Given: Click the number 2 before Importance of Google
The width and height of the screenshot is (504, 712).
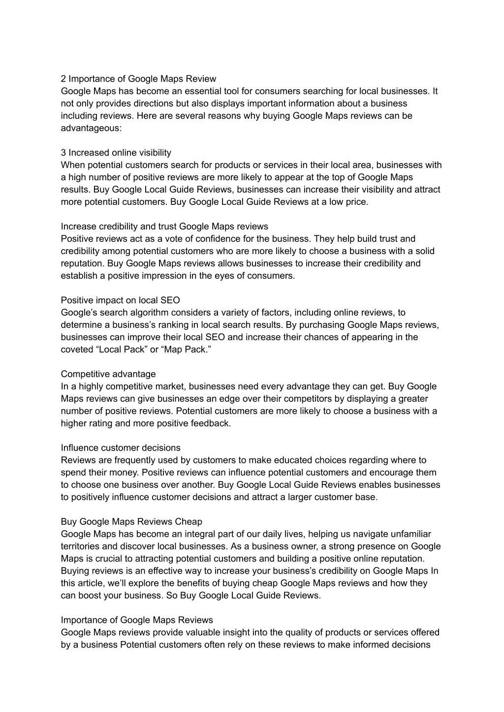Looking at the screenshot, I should tap(63, 79).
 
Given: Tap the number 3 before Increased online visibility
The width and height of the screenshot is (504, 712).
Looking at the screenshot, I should tap(63, 153).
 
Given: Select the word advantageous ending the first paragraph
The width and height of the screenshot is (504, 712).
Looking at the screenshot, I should tap(90, 128).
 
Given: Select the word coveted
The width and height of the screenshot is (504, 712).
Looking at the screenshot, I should tap(77, 350).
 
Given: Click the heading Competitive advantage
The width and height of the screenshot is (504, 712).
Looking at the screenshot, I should tap(108, 374).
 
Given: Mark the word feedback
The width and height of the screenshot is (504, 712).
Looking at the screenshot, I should tap(211, 423).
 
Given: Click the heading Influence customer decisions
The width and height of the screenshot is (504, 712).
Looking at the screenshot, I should tap(121, 448).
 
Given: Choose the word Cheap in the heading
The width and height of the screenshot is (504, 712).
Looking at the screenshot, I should tap(188, 522).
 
